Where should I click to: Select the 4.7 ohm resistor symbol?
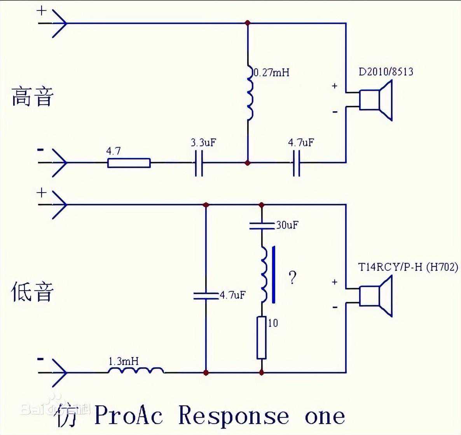click(129, 163)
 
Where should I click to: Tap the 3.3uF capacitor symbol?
click(199, 163)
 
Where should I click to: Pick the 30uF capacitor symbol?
click(262, 225)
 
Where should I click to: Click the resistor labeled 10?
click(262, 337)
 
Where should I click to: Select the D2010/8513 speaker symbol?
click(375, 100)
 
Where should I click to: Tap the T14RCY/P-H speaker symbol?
click(375, 296)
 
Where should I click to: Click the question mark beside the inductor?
click(292, 277)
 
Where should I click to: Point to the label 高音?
click(32, 97)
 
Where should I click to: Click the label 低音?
click(32, 292)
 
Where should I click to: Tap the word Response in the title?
click(234, 416)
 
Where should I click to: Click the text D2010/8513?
click(386, 72)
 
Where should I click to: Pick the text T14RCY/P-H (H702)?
click(408, 267)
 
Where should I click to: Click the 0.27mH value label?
click(272, 73)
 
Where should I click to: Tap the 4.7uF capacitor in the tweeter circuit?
click(297, 163)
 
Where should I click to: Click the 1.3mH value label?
click(123, 361)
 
